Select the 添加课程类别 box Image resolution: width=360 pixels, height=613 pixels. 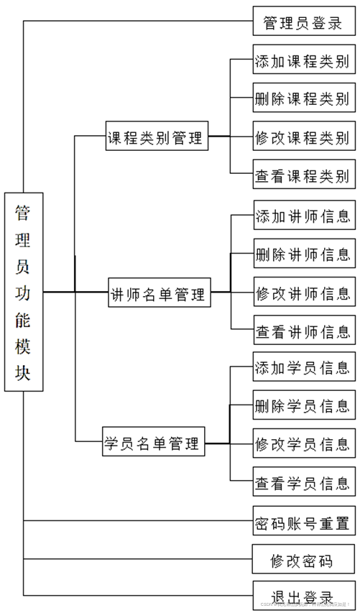pyautogui.click(x=303, y=61)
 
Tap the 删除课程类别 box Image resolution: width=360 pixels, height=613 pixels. pyautogui.click(x=303, y=98)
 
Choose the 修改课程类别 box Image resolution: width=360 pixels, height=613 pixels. pyautogui.click(x=303, y=137)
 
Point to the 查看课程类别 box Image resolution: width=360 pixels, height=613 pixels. pyautogui.click(x=303, y=175)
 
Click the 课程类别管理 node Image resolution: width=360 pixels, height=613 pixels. pyautogui.click(x=156, y=137)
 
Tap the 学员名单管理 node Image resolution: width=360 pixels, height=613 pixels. pyautogui.click(x=152, y=443)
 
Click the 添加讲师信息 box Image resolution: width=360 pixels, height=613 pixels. pyautogui.click(x=303, y=216)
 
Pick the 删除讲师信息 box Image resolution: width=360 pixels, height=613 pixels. pyautogui.click(x=303, y=254)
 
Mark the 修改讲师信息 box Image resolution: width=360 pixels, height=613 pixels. pyautogui.click(x=303, y=292)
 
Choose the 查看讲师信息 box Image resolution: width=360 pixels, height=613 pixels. pyautogui.click(x=303, y=331)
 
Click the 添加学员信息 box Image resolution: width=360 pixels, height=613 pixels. pyautogui.click(x=303, y=367)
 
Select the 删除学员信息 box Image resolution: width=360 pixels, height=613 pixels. pyautogui.click(x=303, y=405)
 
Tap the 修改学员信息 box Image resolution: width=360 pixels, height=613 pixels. pyautogui.click(x=303, y=443)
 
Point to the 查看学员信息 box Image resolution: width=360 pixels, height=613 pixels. pyautogui.click(x=303, y=481)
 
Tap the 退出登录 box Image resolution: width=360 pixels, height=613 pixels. pyautogui.click(x=303, y=596)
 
